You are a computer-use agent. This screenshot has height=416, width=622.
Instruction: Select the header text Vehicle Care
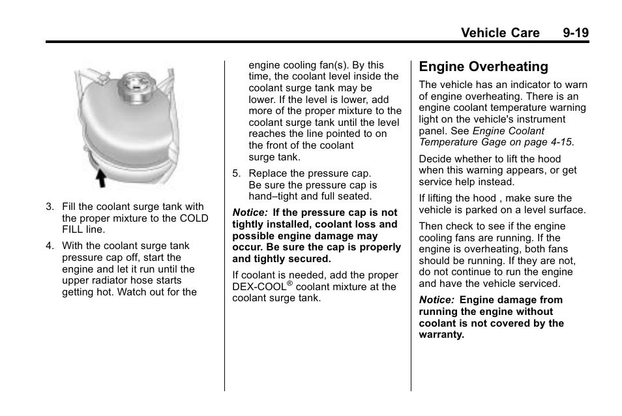tap(500, 33)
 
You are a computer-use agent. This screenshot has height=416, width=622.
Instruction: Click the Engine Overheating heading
tap(483, 67)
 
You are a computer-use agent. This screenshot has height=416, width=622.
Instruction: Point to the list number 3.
tap(50, 207)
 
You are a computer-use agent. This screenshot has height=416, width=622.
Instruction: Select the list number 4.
tap(50, 246)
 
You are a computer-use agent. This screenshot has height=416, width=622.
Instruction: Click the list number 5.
tap(237, 173)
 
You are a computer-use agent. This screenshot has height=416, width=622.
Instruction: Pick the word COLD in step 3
tap(193, 218)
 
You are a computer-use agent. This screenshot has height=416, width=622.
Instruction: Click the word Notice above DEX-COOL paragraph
tap(249, 213)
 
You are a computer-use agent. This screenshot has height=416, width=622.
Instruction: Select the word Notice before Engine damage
tap(436, 300)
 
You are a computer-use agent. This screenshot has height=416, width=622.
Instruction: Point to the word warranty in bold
tap(441, 335)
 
